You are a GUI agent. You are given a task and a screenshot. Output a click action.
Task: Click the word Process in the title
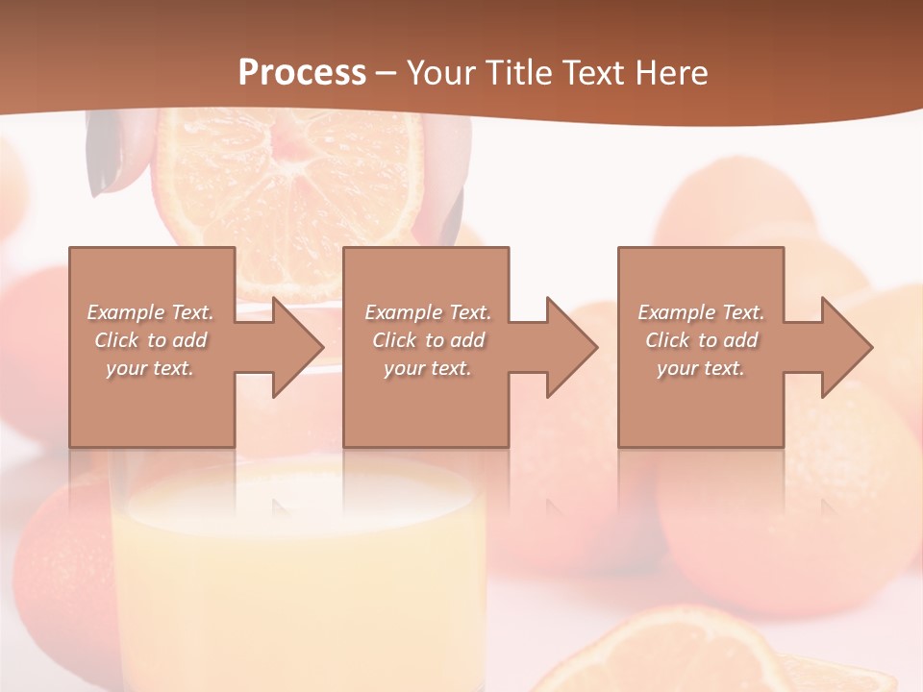[302, 72]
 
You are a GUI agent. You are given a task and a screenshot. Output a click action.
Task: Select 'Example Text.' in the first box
[150, 312]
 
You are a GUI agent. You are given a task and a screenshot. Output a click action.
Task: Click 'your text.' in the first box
[150, 368]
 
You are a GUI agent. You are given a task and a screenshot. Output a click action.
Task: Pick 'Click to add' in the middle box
[428, 340]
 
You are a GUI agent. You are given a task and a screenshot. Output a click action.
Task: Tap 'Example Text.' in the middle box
[428, 312]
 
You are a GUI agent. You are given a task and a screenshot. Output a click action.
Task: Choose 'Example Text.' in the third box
[701, 312]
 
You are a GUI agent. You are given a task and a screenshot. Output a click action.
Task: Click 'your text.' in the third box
[701, 368]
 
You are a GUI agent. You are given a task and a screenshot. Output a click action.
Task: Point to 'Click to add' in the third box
[701, 340]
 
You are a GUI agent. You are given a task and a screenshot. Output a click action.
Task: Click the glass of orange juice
[298, 577]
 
